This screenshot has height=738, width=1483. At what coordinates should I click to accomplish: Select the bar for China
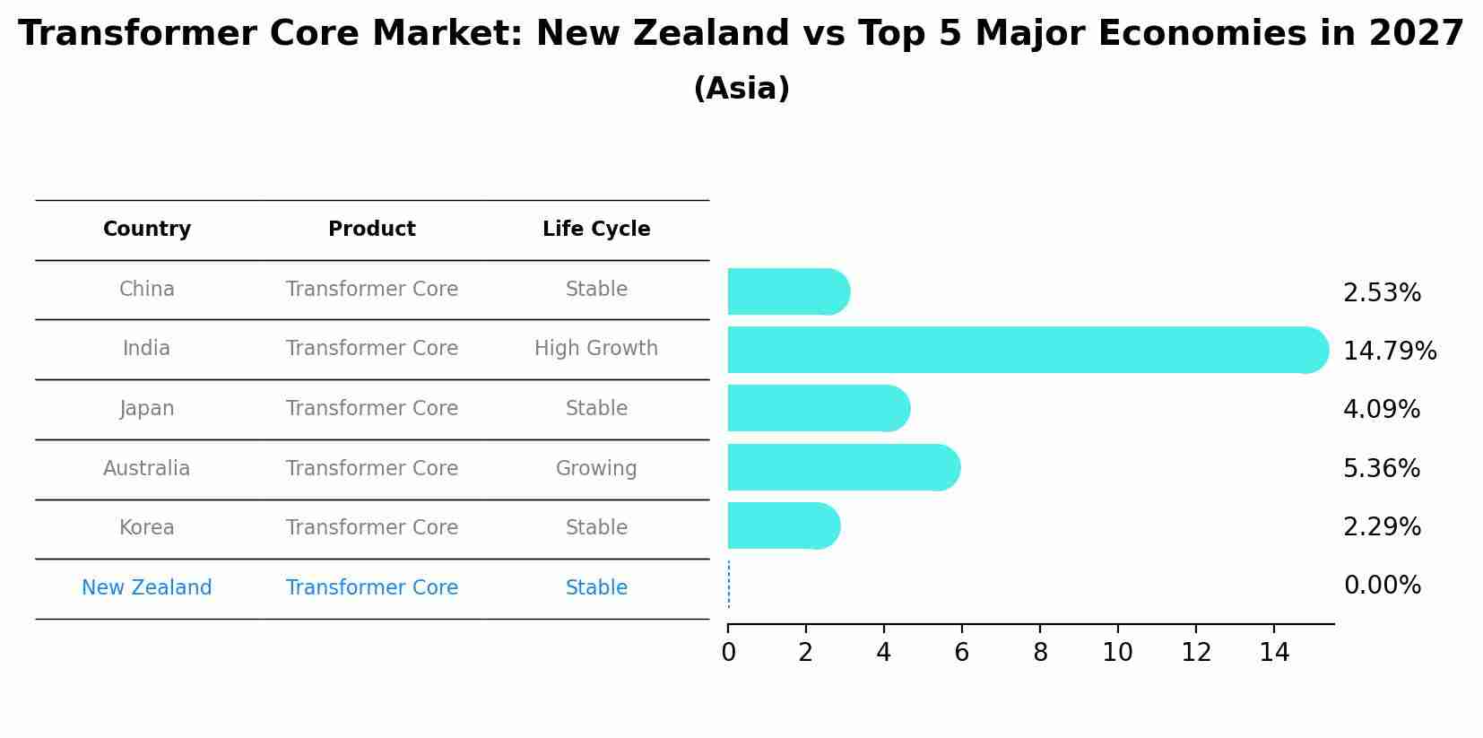(788, 291)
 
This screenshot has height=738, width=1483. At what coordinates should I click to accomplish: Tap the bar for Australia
(844, 467)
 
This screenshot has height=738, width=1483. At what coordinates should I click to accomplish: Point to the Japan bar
(819, 408)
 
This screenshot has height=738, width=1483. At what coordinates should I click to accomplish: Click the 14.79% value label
(1389, 351)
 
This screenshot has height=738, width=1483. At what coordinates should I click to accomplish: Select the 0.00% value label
(1382, 586)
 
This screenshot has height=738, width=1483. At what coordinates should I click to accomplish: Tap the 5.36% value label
(1381, 468)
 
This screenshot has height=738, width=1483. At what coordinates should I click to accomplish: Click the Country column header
(147, 230)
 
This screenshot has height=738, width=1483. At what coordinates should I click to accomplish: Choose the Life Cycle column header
(596, 230)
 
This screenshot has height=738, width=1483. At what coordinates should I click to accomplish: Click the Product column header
(372, 230)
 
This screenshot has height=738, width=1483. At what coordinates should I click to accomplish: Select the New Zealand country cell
(147, 588)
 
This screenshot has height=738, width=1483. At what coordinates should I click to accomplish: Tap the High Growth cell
(596, 349)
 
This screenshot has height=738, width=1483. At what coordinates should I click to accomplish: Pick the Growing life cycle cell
(596, 469)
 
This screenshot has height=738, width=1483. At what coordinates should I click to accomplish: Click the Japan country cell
(147, 409)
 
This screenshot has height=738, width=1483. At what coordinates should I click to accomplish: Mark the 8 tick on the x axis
(1040, 653)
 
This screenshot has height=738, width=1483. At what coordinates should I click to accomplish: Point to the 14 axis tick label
(1273, 653)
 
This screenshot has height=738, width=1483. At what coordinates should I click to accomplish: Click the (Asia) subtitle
(741, 89)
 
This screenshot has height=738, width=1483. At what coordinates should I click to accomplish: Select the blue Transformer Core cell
(372, 588)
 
